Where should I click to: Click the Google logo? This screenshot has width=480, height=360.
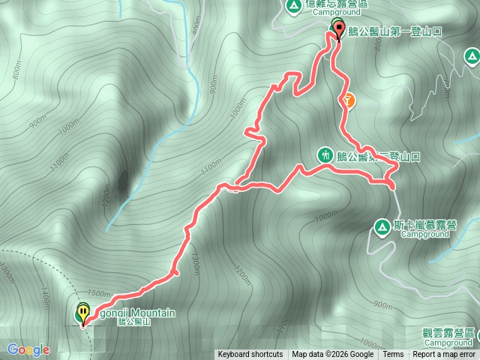28,349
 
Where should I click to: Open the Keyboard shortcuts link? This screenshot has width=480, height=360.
250,355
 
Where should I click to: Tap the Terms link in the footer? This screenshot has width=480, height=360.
393,355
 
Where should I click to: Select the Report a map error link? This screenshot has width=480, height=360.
445,355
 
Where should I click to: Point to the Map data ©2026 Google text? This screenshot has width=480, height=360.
333,355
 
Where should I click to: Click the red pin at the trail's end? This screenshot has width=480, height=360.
338,30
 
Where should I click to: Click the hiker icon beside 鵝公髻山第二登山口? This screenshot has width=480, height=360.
325,155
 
